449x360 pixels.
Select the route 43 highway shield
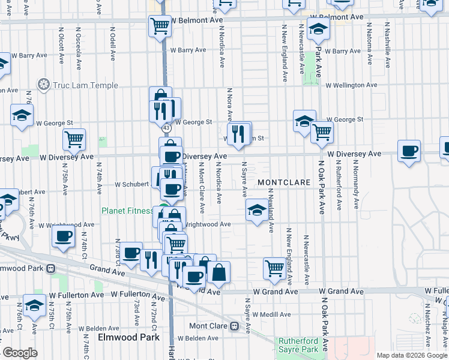pos(167,128)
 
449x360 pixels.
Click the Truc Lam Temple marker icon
pos(43,85)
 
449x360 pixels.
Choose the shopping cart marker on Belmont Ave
pos(160,25)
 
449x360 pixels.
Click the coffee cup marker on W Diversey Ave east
pos(409,151)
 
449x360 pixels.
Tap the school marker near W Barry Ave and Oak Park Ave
pos(317,28)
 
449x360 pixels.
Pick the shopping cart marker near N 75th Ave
pos(74,139)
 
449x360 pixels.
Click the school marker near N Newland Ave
pos(257,210)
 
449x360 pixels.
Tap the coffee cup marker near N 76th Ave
pos(63,236)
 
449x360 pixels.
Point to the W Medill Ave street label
pos(271,314)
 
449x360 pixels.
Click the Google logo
pos(20,353)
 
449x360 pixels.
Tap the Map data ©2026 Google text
pos(412,355)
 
